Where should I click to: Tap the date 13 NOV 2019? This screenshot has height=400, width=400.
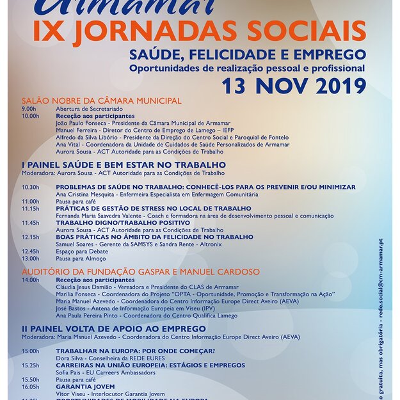pos(294,85)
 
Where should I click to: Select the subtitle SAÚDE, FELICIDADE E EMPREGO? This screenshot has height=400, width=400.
pos(248,54)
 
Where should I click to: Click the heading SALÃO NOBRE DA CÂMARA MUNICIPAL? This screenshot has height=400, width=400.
pos(102,100)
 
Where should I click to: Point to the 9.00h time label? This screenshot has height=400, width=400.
pos(29,109)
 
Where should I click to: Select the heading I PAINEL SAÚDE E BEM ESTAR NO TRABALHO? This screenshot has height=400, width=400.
pos(124,164)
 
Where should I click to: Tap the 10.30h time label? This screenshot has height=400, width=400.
pos(30,187)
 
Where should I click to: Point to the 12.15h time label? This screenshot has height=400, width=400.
pos(30,237)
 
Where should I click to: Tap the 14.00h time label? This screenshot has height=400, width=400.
pos(30,280)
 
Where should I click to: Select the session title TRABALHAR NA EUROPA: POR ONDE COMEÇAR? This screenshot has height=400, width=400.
pos(135,351)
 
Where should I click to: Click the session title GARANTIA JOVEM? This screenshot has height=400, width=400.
pos(85,387)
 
